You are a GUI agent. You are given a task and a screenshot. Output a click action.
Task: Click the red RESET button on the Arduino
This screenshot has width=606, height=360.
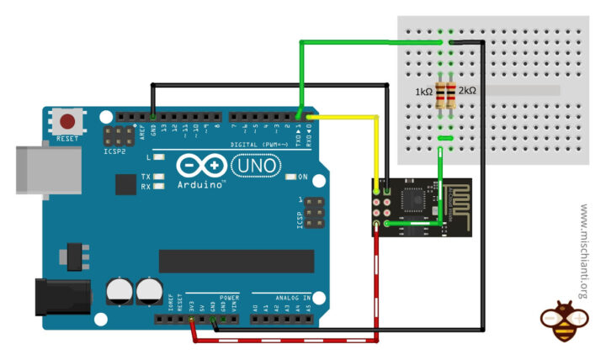[x=65, y=121]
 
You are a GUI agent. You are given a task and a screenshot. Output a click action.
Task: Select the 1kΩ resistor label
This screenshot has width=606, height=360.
[x=424, y=91]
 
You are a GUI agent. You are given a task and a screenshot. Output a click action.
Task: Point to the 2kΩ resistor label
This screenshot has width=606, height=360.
[x=467, y=91]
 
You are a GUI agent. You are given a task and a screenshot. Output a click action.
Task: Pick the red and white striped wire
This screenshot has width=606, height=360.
[x=286, y=340]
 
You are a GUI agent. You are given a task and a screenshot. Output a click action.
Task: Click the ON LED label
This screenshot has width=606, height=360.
[x=302, y=177]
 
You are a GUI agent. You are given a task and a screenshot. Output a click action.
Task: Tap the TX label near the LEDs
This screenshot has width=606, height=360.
[x=146, y=177]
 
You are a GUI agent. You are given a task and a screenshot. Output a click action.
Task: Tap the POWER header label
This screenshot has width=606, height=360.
[x=229, y=298]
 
